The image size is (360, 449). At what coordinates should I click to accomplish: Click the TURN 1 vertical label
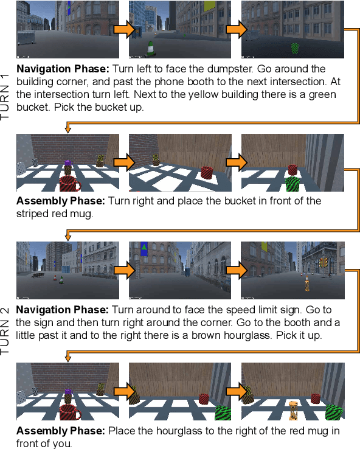tap(6, 94)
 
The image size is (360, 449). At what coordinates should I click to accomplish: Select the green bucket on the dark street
tap(295, 47)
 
